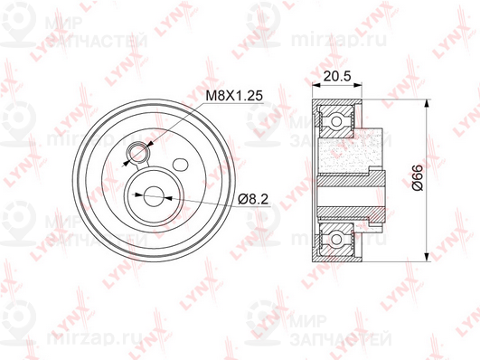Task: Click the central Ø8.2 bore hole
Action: [151, 193]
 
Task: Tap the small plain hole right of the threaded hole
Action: [181, 164]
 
